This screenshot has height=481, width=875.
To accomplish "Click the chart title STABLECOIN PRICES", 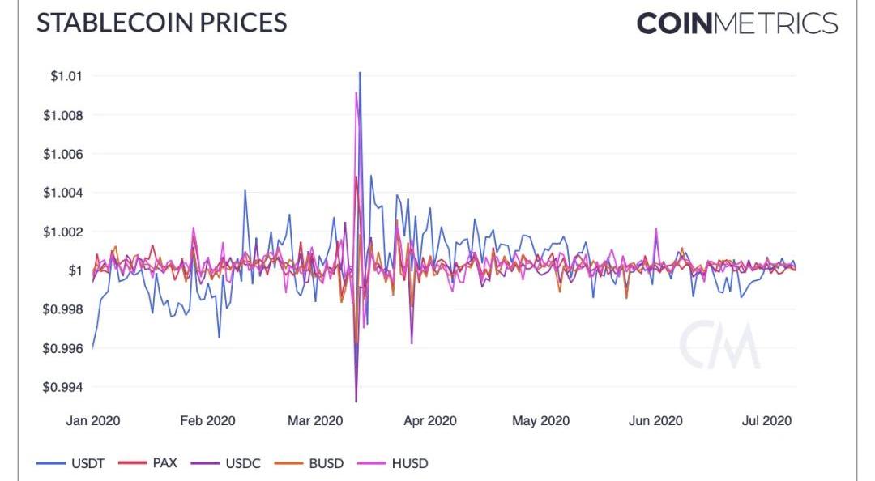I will tap(161, 22).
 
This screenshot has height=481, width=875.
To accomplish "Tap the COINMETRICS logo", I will tap(736, 23).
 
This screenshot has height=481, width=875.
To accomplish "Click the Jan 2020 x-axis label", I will tap(93, 420).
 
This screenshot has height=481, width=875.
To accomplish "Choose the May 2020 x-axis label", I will tap(541, 420).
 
